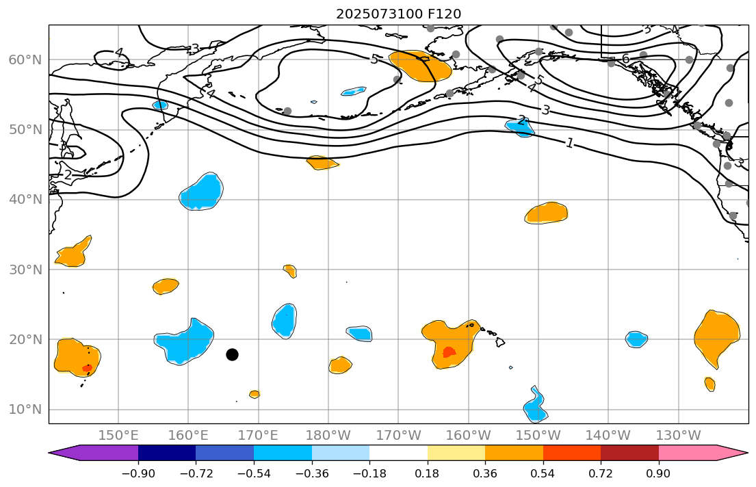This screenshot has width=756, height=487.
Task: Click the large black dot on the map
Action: (x=232, y=354)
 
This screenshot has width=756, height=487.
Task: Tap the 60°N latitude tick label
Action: (x=25, y=60)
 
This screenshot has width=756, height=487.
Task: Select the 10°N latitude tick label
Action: (x=25, y=410)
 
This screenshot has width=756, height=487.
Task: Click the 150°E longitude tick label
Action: (x=118, y=435)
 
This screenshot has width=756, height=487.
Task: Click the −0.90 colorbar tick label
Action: (x=138, y=473)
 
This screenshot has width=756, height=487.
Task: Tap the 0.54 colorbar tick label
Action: (x=543, y=473)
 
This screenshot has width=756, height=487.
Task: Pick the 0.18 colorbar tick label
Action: (x=427, y=473)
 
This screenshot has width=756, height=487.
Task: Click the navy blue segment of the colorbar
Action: (x=167, y=453)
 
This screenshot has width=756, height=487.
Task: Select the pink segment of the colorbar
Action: (x=688, y=453)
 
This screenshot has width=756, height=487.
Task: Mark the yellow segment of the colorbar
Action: (x=456, y=453)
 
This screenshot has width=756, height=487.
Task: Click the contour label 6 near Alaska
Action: (x=625, y=60)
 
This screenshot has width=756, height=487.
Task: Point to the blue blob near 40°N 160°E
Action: (x=201, y=193)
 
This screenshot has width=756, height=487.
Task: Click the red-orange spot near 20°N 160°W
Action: (x=449, y=352)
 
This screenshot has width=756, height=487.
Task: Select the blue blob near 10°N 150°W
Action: (x=535, y=406)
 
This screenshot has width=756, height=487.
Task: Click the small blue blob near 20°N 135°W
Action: (x=636, y=339)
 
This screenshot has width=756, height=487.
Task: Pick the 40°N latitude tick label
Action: (x=25, y=200)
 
